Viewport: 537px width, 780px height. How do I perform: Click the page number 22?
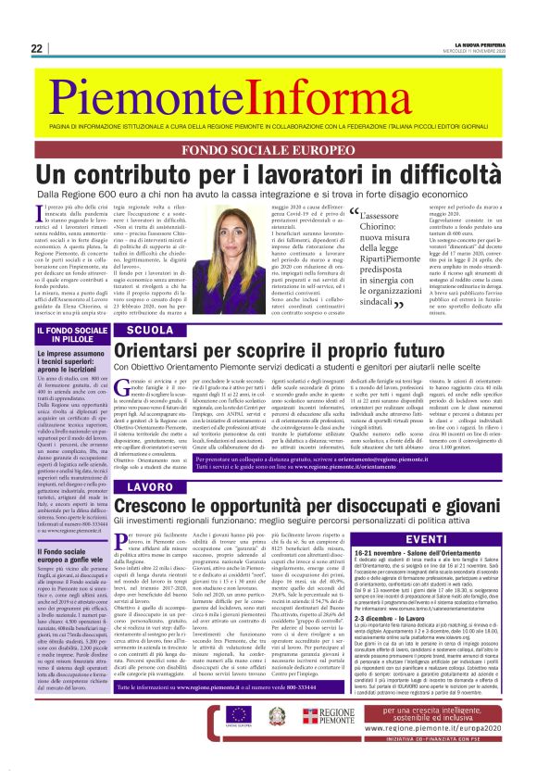pyautogui.click(x=36, y=48)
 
